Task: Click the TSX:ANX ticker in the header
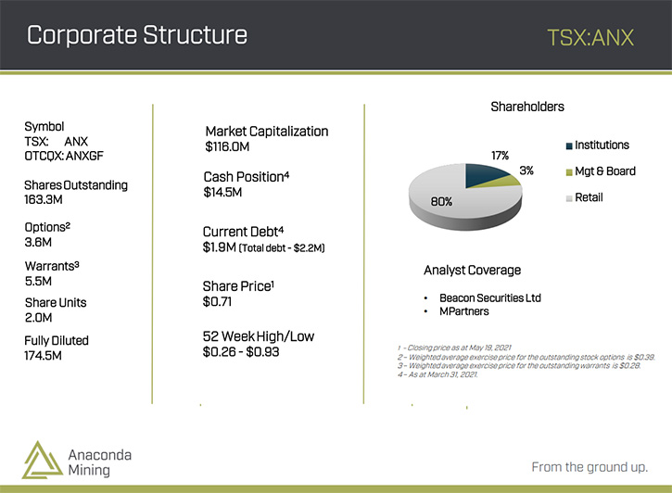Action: pyautogui.click(x=590, y=37)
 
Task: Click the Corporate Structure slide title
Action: pyautogui.click(x=137, y=35)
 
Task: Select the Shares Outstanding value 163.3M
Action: pyautogui.click(x=44, y=199)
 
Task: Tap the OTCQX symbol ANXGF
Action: pyautogui.click(x=84, y=156)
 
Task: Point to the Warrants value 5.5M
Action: pyautogui.click(x=38, y=282)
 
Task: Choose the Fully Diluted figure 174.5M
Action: pyautogui.click(x=43, y=356)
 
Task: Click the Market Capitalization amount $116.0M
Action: pyautogui.click(x=227, y=147)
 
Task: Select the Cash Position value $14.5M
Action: pyautogui.click(x=222, y=193)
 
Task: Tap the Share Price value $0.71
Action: pyautogui.click(x=217, y=302)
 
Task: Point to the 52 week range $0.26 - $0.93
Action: pyautogui.click(x=241, y=352)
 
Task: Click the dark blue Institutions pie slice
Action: pyautogui.click(x=484, y=175)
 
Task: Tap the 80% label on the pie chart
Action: pyautogui.click(x=441, y=202)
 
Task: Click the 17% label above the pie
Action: pyautogui.click(x=500, y=156)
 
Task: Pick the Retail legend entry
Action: pyautogui.click(x=585, y=197)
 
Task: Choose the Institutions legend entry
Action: pyautogui.click(x=598, y=145)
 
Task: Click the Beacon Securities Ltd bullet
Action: pyautogui.click(x=490, y=298)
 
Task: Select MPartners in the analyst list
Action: pyautogui.click(x=464, y=311)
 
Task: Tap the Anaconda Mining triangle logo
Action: pyautogui.click(x=42, y=460)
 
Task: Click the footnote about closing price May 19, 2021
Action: pyautogui.click(x=454, y=348)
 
